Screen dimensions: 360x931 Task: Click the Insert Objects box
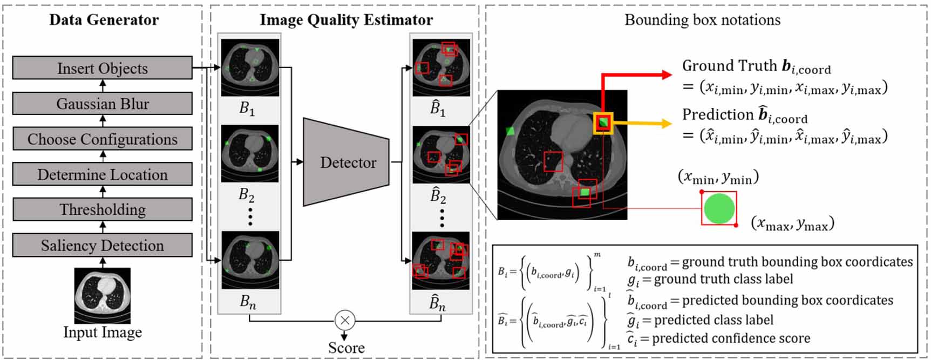102,69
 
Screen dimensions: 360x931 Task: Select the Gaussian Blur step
102,104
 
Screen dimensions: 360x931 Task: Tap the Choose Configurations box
102,139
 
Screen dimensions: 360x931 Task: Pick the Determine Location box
102,175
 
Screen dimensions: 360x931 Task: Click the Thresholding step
102,209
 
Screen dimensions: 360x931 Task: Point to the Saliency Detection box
102,246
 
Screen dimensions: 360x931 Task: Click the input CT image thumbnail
103,296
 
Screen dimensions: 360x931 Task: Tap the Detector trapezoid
346,162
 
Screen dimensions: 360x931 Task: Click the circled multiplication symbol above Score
345,320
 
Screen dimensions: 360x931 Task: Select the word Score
346,348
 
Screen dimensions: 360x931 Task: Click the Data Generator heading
104,20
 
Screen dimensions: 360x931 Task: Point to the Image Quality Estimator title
346,20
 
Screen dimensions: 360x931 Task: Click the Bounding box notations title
702,20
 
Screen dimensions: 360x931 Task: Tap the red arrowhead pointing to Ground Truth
667,74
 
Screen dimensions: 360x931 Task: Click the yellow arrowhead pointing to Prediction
667,124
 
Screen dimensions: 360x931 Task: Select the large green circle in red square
719,208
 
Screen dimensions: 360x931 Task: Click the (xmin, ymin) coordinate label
718,177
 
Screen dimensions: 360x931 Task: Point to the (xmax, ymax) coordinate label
792,223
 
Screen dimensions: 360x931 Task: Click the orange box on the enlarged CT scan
603,124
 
